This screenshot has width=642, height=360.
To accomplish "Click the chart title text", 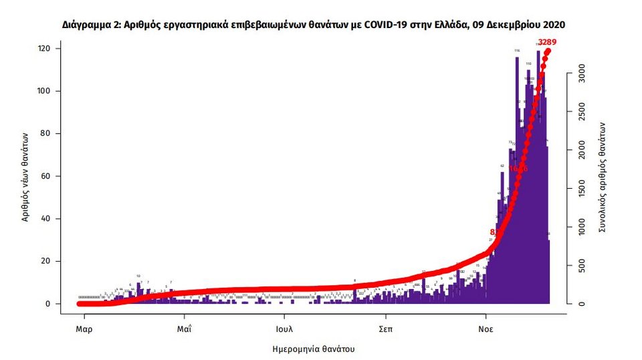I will [313, 25].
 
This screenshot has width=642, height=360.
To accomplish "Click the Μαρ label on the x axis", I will [84, 329].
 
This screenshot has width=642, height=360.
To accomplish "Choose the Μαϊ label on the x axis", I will [184, 329].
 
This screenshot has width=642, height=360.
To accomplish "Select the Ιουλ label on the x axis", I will [285, 329].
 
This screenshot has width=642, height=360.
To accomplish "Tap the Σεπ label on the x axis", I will [386, 329].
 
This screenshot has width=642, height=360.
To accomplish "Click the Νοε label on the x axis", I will [487, 329].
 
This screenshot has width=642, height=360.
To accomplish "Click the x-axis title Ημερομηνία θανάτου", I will [314, 349].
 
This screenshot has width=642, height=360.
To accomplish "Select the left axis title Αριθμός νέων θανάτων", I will [25, 177].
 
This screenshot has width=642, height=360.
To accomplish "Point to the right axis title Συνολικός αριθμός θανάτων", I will [603, 177].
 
